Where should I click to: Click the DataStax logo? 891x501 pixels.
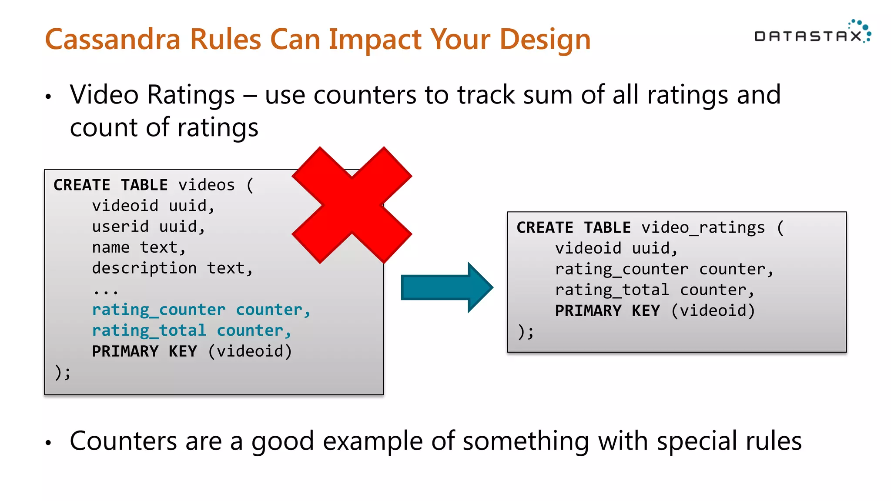(812, 34)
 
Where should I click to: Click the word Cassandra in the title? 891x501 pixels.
(112, 39)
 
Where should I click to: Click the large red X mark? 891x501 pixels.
(352, 205)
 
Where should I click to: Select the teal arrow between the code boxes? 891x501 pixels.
(446, 287)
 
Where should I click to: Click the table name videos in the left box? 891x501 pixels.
(207, 185)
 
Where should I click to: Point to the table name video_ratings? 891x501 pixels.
(703, 228)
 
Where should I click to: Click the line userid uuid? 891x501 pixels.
(148, 227)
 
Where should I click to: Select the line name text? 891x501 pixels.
(139, 247)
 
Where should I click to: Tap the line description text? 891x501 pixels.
(172, 268)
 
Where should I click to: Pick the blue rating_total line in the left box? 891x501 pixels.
(191, 331)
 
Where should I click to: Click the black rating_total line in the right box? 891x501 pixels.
(654, 290)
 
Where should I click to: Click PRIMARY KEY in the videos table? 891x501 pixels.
(144, 351)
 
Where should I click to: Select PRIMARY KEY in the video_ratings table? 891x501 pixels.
(607, 311)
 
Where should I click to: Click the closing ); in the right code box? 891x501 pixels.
(526, 332)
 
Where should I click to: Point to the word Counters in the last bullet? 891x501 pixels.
(123, 441)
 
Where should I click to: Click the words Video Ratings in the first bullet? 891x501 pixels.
(152, 95)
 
